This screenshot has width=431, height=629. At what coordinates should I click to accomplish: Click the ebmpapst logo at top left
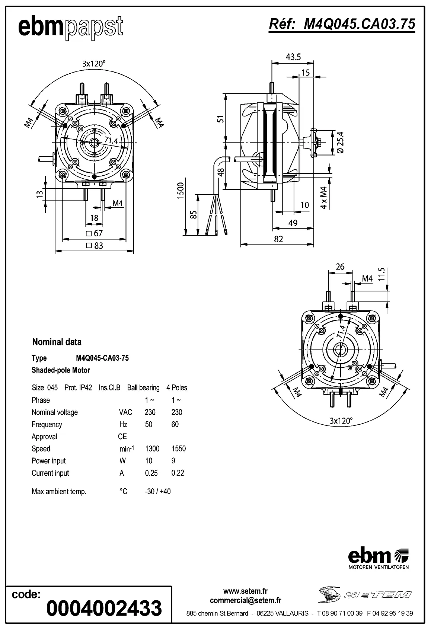[x=71, y=27]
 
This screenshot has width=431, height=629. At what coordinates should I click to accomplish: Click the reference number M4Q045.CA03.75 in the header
[x=342, y=24]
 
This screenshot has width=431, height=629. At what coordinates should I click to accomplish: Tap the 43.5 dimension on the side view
[x=293, y=57]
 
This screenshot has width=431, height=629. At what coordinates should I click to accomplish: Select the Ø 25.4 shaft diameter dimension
[x=340, y=142]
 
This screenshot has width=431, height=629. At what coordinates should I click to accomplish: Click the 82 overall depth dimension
[x=278, y=239]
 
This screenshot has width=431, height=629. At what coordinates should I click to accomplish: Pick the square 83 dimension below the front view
[x=95, y=246]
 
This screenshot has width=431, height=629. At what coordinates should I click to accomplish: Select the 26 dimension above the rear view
[x=340, y=267]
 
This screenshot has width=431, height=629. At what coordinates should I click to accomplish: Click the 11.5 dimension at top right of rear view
[x=381, y=274]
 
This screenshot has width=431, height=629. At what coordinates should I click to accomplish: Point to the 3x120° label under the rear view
[x=341, y=421]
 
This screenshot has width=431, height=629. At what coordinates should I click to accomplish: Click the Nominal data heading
[x=57, y=342]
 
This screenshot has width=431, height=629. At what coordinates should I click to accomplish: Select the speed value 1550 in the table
[x=179, y=449]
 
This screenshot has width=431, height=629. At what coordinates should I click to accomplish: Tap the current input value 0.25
[x=151, y=473]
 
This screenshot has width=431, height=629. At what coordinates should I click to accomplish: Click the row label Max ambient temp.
[x=59, y=492]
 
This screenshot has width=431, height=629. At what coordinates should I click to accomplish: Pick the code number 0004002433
[x=104, y=608]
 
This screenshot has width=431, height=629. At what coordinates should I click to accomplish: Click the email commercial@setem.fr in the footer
[x=245, y=600]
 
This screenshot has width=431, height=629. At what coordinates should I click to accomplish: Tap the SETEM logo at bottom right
[x=365, y=594]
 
